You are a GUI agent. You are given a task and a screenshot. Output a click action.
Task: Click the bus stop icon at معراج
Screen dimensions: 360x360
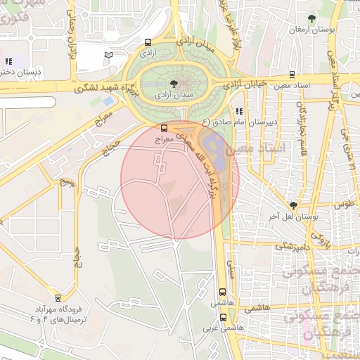click(164, 129)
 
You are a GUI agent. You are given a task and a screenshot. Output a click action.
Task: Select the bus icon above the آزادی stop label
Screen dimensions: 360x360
click(147, 42)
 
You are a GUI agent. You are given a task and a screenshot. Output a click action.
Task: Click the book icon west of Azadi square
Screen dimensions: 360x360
click(108, 55)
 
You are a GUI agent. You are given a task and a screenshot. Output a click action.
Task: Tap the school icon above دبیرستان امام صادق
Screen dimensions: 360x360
click(239, 111)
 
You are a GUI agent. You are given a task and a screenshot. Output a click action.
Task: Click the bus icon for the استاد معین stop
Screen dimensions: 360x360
click(292, 73)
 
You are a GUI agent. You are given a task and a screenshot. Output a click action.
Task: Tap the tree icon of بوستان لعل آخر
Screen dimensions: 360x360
click(293, 205)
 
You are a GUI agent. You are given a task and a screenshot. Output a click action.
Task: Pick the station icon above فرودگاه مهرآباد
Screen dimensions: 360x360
click(57, 297)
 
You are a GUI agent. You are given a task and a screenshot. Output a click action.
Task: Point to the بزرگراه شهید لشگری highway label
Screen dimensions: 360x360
click(94, 87)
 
